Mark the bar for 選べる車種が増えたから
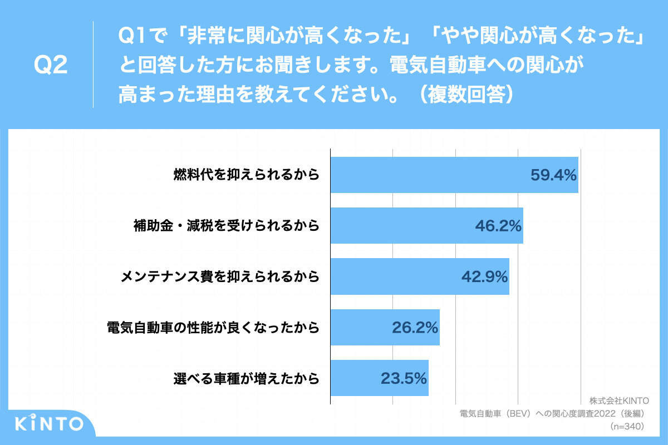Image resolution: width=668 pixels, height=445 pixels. point(356,378)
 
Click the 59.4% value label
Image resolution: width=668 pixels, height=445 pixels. point(552,175)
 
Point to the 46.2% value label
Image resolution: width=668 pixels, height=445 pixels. point(498,226)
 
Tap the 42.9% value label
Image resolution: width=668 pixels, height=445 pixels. point(484,276)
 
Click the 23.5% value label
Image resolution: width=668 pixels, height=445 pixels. point(404,378)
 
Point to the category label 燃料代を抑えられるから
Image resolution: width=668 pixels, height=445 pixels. point(247,175)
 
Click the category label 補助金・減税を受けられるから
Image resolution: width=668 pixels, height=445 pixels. point(227,226)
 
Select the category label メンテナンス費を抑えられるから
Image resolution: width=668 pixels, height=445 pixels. point(220,276)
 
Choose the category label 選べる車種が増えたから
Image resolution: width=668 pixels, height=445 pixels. point(247,378)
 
